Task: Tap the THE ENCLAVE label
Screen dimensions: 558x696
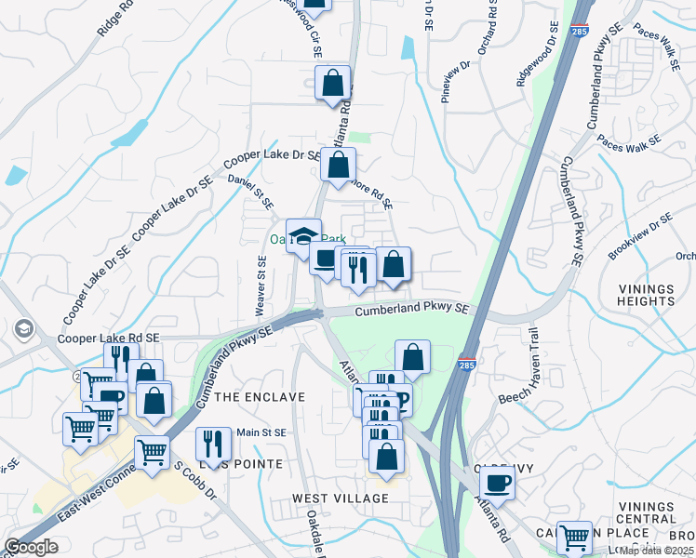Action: [260, 397]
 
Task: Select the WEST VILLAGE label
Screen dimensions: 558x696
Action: [341, 498]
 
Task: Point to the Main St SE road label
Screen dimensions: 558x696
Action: [261, 432]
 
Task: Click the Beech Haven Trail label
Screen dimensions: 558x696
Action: [532, 367]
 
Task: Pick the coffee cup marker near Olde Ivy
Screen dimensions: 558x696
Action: [497, 483]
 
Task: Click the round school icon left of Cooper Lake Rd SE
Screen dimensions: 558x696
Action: [22, 329]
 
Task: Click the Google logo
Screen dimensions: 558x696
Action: [32, 547]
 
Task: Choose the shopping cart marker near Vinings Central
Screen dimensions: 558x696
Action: [575, 537]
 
